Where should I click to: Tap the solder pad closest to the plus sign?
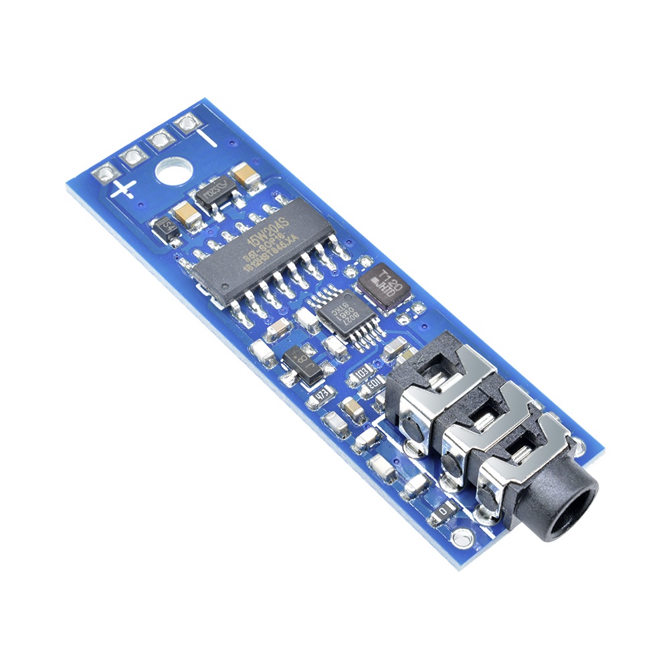pos(106,175)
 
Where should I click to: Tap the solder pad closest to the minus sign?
pos(187,123)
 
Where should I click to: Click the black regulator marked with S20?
pos(213,194)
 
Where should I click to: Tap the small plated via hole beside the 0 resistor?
pos(460,537)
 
